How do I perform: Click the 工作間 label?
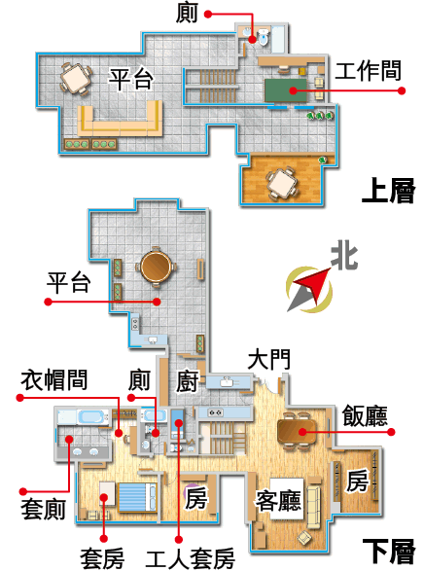point(368,71)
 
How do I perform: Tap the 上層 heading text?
point(388,191)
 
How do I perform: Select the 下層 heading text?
point(389,552)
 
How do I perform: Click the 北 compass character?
point(344,255)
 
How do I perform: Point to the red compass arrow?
point(313,286)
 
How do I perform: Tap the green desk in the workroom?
point(286,90)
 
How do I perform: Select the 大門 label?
point(269,360)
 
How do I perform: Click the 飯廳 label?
point(365,415)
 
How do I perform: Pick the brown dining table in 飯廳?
point(297,432)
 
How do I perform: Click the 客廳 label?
point(279,501)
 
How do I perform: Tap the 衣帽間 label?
point(53,380)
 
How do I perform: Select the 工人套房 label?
point(190,558)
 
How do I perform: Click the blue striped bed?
point(136,497)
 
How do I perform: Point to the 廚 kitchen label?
point(188,381)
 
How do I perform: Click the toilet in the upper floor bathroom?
point(263,38)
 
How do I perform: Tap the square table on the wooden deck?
point(282,183)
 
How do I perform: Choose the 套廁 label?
point(43,509)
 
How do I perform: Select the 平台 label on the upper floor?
point(131,79)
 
